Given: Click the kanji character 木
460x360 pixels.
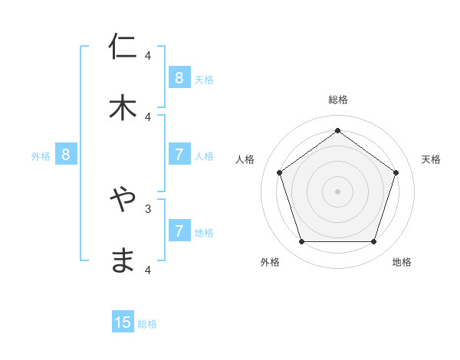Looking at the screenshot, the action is click(123, 107).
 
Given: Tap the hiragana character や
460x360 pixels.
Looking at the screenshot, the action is click(123, 200).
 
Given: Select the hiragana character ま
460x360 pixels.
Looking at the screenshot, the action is click(123, 260).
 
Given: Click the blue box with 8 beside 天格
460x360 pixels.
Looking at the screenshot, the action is click(179, 77).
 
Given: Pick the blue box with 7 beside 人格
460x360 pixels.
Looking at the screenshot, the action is click(179, 155).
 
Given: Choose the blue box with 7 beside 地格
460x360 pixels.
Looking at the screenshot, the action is click(179, 231).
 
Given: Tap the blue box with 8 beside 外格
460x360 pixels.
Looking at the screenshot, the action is click(66, 155).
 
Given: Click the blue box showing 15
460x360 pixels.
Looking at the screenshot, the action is click(123, 322).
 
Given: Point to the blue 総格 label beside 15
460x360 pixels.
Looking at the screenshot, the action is click(147, 324).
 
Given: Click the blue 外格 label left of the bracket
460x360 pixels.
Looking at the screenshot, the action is click(41, 156).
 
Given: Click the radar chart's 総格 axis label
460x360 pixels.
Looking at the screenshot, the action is click(337, 100).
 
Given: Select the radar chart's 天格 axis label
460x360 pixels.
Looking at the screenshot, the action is click(431, 159).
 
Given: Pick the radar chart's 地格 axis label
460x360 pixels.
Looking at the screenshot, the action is click(402, 262).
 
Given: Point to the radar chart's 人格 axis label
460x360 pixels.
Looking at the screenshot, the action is click(245, 159).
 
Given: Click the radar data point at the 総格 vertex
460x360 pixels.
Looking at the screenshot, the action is click(337, 130).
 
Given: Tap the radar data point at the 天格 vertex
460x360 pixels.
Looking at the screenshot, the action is click(396, 172).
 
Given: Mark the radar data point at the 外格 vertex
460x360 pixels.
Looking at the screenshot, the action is click(301, 242).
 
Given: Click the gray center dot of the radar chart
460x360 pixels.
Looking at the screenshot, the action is click(337, 191).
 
